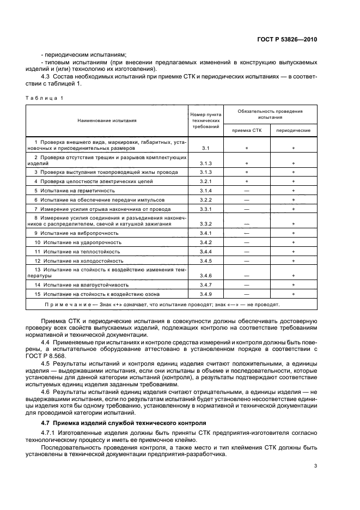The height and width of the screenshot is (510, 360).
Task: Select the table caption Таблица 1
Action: click(45, 97)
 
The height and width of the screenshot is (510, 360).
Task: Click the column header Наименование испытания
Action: click(107, 120)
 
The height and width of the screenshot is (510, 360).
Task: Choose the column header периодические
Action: click(294, 131)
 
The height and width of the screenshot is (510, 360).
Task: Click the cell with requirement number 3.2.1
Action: click(205, 181)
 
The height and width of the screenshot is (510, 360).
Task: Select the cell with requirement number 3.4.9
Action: click(205, 294)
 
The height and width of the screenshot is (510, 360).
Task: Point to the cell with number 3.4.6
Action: click(205, 276)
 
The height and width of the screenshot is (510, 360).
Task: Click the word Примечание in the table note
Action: click(67, 305)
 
